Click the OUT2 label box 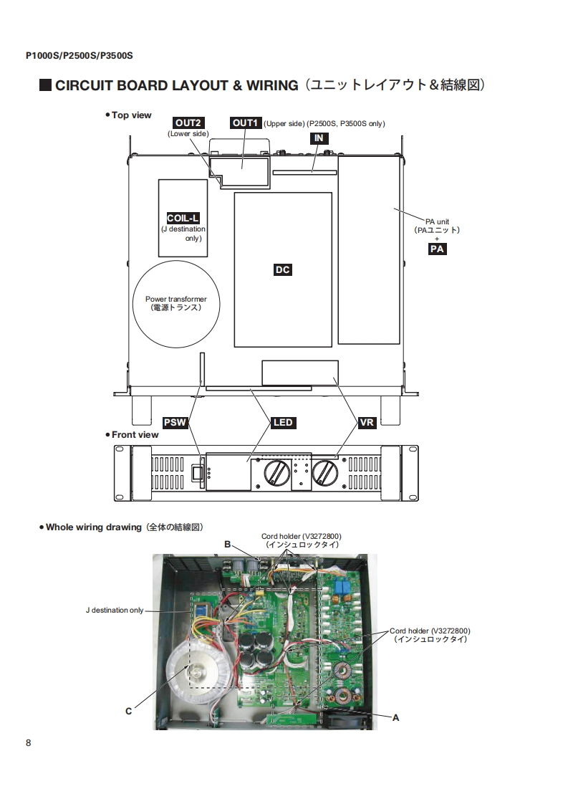pyautogui.click(x=188, y=123)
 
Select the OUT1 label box pyautogui.click(x=246, y=123)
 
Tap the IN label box pyautogui.click(x=319, y=138)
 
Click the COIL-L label pyautogui.click(x=183, y=218)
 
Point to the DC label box pyautogui.click(x=282, y=269)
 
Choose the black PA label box pyautogui.click(x=437, y=249)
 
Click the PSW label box pyautogui.click(x=175, y=423)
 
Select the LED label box pyautogui.click(x=283, y=423)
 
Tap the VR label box pyautogui.click(x=367, y=423)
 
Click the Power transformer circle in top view pyautogui.click(x=176, y=304)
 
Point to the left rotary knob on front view pyautogui.click(x=276, y=472)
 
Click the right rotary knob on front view pyautogui.click(x=325, y=472)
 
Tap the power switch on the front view pyautogui.click(x=198, y=473)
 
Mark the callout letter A pyautogui.click(x=396, y=718)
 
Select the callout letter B pyautogui.click(x=228, y=545)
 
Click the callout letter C pyautogui.click(x=129, y=711)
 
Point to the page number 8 pyautogui.click(x=28, y=743)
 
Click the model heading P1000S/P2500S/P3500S pyautogui.click(x=80, y=55)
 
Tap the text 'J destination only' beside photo pyautogui.click(x=115, y=611)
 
